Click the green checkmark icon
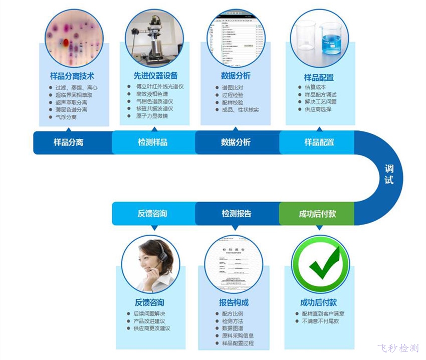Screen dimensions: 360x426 point(321,264)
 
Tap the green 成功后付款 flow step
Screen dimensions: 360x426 point(317,214)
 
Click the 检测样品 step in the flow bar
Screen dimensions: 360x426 point(153,142)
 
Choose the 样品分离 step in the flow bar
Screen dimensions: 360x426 point(69,142)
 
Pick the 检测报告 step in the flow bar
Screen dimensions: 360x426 point(237,214)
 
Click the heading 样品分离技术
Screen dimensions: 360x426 point(71,76)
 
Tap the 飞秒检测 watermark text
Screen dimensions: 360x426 point(398,349)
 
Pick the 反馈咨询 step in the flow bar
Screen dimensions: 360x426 point(152,214)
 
